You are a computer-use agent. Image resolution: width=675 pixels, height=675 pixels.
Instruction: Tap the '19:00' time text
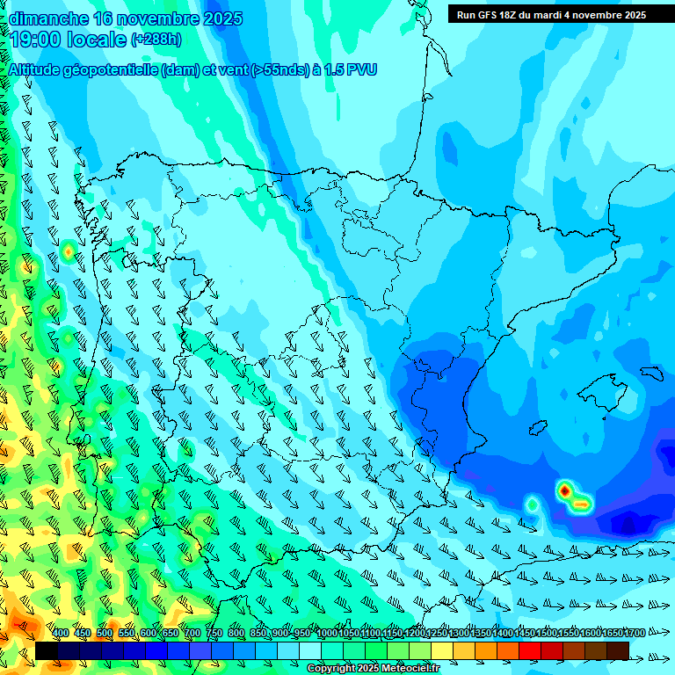(35, 40)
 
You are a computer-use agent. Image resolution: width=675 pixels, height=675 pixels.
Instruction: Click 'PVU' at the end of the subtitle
(361, 69)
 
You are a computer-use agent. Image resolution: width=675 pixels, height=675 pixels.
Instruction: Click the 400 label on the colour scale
(61, 633)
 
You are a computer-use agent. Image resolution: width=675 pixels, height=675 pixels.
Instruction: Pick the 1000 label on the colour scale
(326, 633)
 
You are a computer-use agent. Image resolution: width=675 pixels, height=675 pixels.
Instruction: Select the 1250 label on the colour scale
(437, 633)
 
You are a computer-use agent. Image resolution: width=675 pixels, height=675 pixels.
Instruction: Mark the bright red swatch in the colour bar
(530, 650)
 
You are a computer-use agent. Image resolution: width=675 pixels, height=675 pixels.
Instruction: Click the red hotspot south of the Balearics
(564, 490)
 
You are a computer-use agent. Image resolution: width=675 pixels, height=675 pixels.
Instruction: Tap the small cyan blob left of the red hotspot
(532, 504)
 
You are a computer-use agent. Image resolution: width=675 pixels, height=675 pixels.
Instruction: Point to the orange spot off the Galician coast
(68, 252)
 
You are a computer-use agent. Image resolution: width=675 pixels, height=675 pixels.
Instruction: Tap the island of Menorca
(650, 372)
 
